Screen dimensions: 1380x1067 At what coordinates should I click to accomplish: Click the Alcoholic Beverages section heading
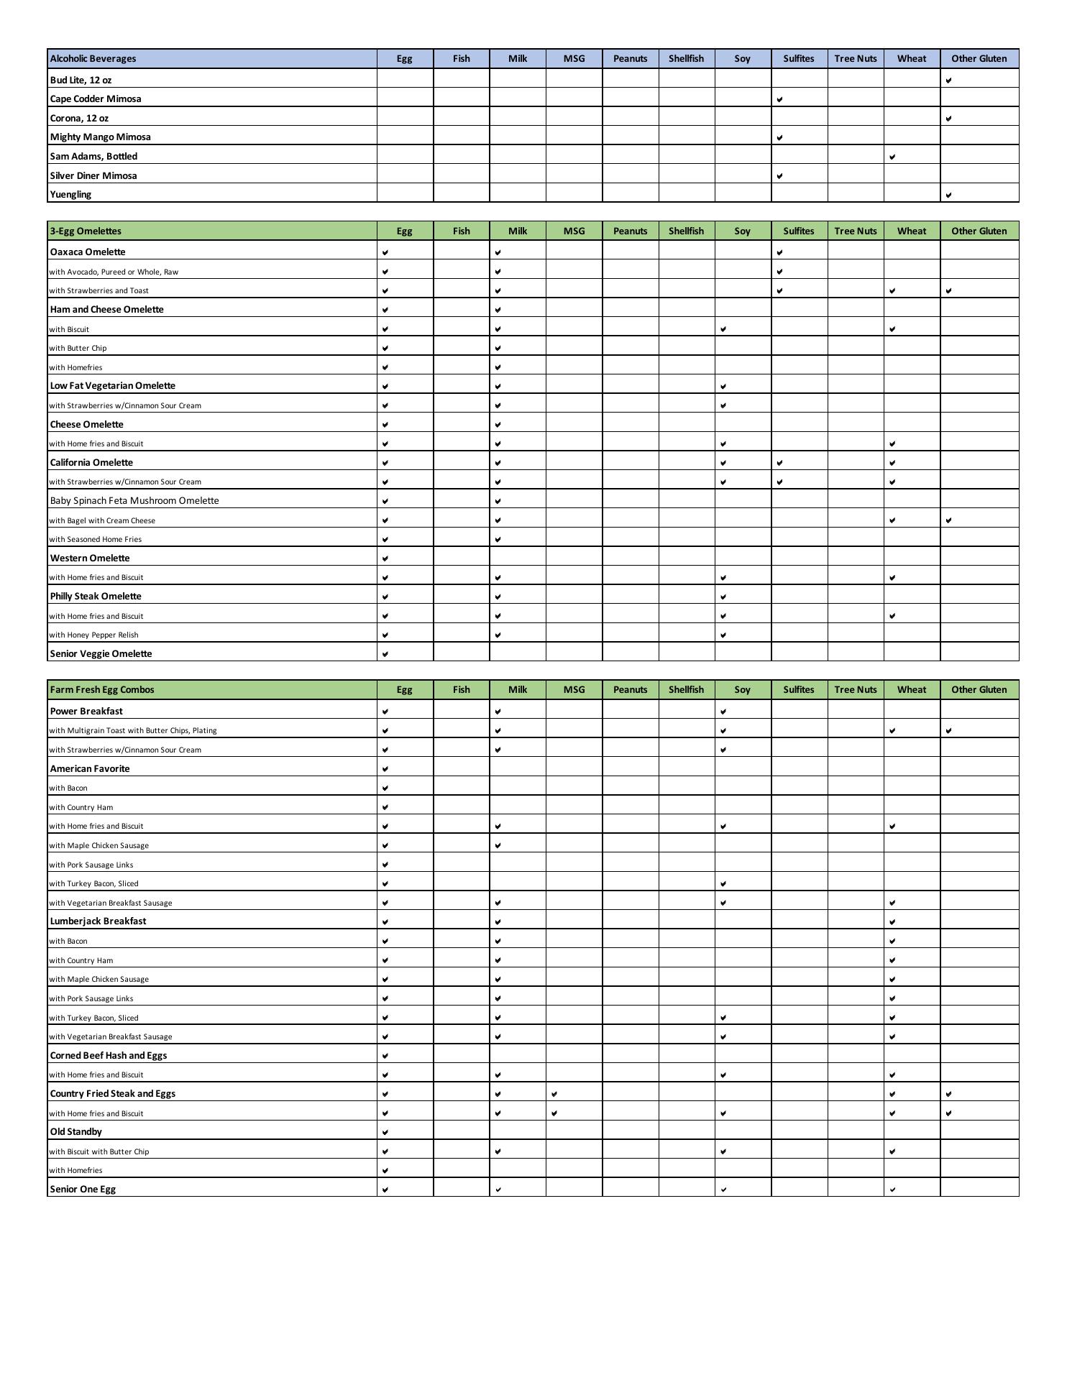point(93,59)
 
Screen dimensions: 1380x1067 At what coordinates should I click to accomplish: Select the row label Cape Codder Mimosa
point(95,99)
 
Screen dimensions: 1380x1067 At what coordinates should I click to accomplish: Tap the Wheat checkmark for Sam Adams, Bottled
point(892,157)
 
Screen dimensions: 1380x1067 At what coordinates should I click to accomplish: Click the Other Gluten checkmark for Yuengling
point(948,195)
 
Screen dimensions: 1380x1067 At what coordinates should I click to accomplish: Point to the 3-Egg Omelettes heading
point(86,231)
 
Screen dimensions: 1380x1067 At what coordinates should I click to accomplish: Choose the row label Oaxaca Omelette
point(88,252)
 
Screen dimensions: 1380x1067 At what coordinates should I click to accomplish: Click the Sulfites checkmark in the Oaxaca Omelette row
point(779,252)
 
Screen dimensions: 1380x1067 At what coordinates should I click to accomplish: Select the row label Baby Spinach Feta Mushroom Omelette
point(134,501)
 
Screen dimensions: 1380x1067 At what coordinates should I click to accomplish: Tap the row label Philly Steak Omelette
point(96,597)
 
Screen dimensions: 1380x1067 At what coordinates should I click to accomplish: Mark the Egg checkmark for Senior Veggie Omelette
point(385,654)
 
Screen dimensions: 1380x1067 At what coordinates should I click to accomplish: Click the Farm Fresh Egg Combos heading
point(102,690)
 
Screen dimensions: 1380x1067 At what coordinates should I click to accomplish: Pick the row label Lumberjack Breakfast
point(98,921)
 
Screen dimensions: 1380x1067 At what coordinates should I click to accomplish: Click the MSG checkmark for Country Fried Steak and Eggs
point(554,1094)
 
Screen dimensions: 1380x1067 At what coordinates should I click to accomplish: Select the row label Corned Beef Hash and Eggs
point(108,1056)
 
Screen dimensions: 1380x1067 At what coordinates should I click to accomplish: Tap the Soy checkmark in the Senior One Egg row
point(723,1190)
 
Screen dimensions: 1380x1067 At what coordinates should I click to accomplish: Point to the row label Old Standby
point(75,1132)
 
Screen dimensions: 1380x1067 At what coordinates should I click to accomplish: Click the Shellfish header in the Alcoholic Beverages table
point(686,59)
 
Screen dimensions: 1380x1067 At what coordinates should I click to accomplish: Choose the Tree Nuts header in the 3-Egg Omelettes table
point(855,231)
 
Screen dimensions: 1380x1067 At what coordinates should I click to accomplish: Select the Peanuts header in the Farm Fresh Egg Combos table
point(630,690)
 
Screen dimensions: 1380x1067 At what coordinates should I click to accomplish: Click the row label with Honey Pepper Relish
point(93,635)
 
